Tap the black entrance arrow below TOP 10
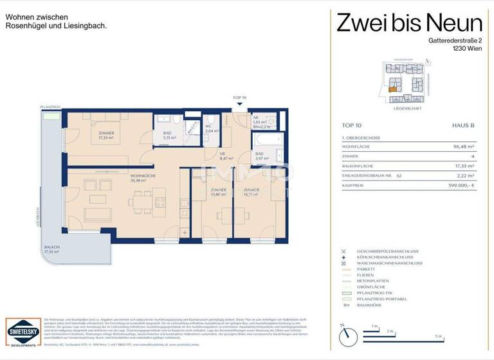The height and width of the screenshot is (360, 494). (239, 103)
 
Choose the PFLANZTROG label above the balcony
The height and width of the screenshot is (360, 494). (49, 107)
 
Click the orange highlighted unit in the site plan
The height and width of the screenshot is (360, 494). (392, 89)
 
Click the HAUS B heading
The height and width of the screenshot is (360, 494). (463, 126)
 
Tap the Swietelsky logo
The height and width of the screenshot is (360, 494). (23, 333)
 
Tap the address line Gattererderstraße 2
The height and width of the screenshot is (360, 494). (446, 40)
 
